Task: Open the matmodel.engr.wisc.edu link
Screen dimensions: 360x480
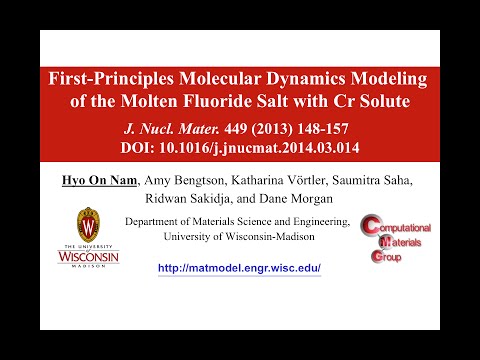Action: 240,269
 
